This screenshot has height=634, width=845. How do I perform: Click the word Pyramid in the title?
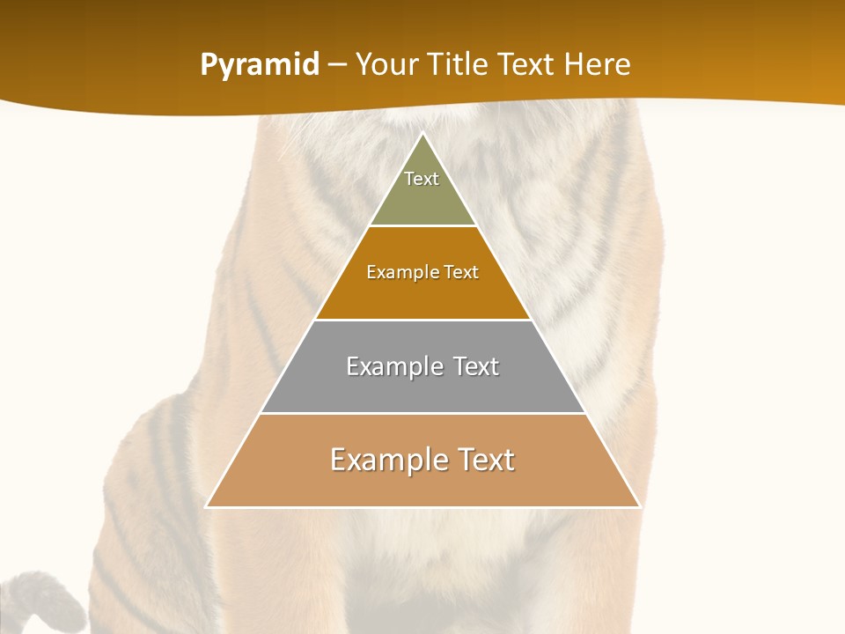(260, 65)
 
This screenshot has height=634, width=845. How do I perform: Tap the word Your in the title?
(388, 64)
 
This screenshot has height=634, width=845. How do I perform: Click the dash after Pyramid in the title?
(337, 65)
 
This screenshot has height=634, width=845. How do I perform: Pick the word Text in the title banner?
(528, 64)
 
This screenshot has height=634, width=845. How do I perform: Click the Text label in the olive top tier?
(422, 179)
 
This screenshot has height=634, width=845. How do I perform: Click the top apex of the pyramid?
(422, 134)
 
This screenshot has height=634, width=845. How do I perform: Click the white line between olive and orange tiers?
(422, 226)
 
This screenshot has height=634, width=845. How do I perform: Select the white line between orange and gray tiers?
(422, 320)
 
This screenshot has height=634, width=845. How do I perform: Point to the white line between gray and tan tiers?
(422, 413)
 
